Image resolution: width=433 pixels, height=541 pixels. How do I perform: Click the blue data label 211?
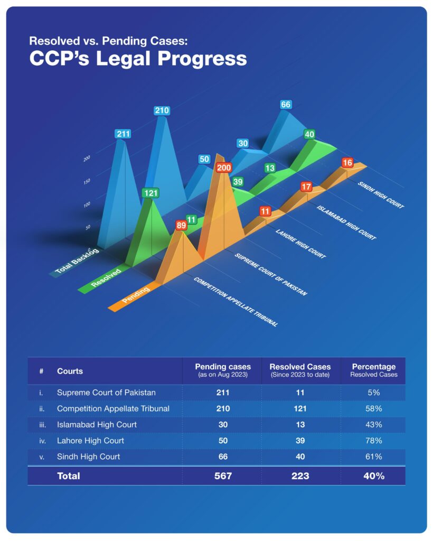pos(123,134)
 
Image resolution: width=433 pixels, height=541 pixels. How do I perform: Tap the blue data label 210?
pos(162,110)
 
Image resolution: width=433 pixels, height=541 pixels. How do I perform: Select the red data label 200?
pos(223,168)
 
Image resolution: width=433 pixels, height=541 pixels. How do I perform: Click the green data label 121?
pos(151,193)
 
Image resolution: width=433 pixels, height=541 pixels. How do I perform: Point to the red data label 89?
pos(181,226)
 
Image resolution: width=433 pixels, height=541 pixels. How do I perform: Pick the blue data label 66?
pos(286,105)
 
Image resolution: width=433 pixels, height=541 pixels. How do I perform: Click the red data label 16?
pos(347,162)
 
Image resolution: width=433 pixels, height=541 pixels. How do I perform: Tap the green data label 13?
pos(270,168)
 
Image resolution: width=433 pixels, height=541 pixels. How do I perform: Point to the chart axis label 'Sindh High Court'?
pos(381,195)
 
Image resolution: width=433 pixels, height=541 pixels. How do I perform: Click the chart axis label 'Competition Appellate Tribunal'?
pos(236,302)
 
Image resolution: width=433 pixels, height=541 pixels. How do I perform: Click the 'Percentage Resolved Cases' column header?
pos(374,370)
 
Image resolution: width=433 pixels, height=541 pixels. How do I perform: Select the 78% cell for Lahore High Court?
pos(374,441)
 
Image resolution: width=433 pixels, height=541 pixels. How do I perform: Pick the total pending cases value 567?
pos(223,476)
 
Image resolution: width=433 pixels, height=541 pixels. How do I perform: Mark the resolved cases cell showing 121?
pos(300,409)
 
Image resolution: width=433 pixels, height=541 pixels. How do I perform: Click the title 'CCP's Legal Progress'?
pos(138,59)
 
